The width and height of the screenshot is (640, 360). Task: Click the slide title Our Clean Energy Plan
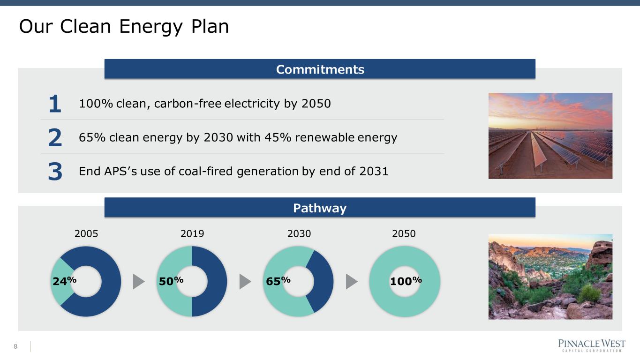124,27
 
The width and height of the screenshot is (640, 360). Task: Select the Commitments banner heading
320,69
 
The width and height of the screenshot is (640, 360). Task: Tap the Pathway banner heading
320,208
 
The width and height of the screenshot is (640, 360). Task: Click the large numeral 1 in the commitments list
55,104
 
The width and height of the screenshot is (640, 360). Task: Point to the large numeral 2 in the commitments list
55,137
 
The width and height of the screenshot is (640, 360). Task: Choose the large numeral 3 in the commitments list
55,172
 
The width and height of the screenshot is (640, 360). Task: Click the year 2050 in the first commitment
316,104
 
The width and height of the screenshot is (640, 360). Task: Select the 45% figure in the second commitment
278,137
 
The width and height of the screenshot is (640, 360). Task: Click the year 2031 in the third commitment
374,172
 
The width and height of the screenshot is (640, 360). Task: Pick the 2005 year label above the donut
86,234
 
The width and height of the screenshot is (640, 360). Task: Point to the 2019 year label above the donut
192,234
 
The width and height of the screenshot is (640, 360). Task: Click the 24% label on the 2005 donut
64,281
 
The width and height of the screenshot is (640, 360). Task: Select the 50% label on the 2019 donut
171,281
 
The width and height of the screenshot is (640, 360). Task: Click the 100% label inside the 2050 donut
406,281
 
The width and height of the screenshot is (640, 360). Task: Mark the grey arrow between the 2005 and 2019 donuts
139,281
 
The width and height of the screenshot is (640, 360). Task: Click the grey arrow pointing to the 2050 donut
352,281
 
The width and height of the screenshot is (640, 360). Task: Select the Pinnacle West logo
592,345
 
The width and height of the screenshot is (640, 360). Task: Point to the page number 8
15,346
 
